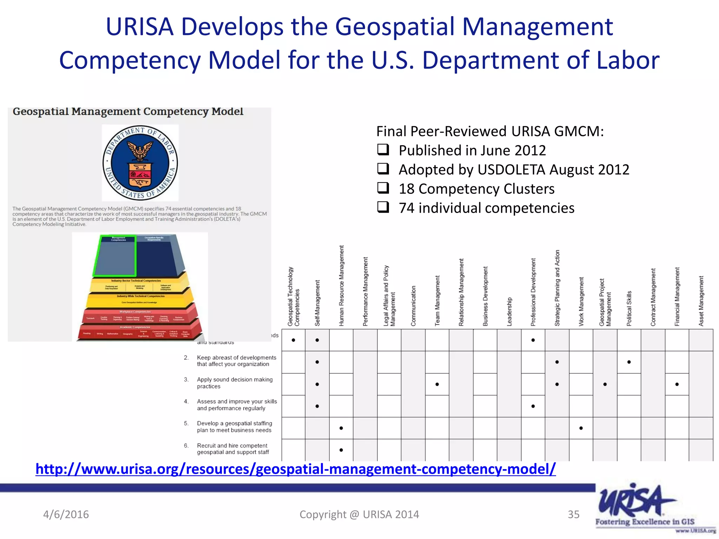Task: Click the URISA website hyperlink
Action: click(296, 469)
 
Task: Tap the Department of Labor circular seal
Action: click(140, 163)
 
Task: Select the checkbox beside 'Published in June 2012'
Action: click(383, 150)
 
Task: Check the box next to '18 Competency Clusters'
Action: click(383, 188)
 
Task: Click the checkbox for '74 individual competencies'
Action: click(383, 207)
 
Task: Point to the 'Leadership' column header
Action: click(509, 312)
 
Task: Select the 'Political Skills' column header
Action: click(629, 308)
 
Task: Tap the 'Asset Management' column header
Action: click(701, 301)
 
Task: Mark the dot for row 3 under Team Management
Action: click(437, 384)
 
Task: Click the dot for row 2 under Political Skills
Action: click(629, 362)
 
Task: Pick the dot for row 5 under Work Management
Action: click(581, 428)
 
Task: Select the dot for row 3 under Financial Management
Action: click(677, 384)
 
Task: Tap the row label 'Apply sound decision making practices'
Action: click(235, 383)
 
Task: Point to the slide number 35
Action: click(574, 514)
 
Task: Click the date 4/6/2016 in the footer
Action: click(66, 514)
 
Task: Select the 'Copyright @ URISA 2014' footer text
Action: click(359, 514)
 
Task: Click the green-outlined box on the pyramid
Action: click(115, 256)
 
